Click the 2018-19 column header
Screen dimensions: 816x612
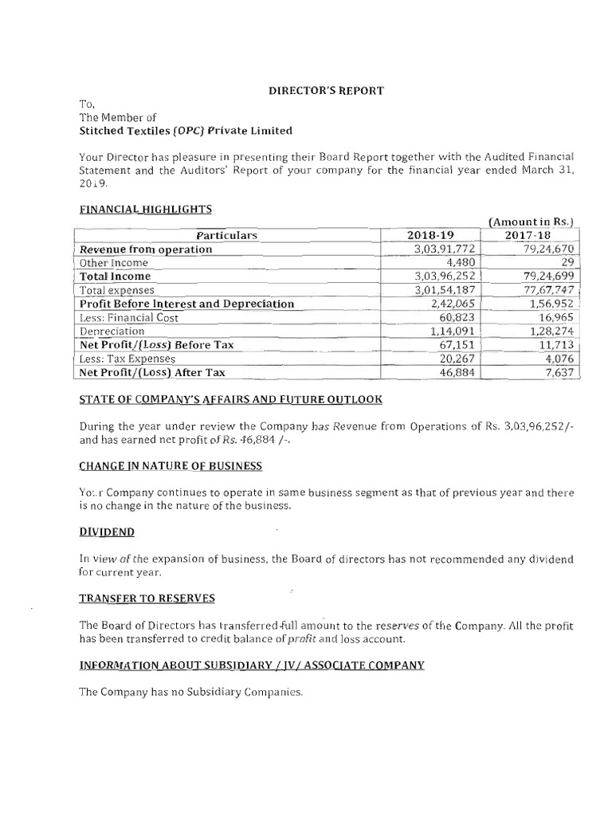pyautogui.click(x=430, y=236)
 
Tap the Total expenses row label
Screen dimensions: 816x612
pyautogui.click(x=117, y=291)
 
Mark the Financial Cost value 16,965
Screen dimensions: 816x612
pyautogui.click(x=553, y=318)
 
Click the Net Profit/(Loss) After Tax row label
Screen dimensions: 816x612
pyautogui.click(x=152, y=372)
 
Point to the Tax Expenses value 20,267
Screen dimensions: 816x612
pyautogui.click(x=455, y=359)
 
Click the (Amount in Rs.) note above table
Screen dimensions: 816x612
pyautogui.click(x=532, y=222)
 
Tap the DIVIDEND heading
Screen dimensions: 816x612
pyautogui.click(x=106, y=531)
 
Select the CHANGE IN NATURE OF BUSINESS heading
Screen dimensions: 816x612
pyautogui.click(x=171, y=465)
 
